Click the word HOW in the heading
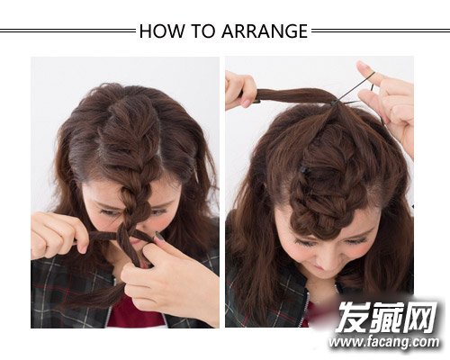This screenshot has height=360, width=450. [162, 31]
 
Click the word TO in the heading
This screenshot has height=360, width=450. [203, 31]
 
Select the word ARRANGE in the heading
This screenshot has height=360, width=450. [265, 31]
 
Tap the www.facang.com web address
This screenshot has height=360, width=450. [383, 342]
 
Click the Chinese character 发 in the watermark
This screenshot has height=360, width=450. [353, 316]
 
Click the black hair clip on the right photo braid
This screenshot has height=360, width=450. [305, 169]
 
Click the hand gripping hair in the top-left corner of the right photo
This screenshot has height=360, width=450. [241, 90]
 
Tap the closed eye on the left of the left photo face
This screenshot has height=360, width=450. [110, 212]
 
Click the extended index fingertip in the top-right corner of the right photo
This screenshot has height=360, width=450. [363, 66]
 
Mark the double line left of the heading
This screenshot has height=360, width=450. [68, 31]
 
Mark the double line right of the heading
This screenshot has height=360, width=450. [381, 31]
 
